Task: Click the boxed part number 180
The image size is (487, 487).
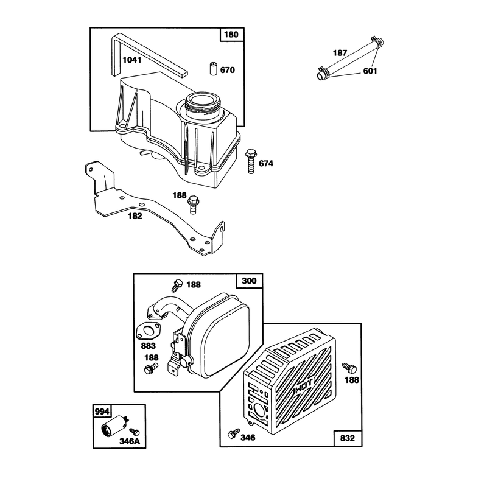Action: pos(231,35)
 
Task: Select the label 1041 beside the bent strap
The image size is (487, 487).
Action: pos(132,60)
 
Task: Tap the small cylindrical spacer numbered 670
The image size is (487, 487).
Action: pos(212,69)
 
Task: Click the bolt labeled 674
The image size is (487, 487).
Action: pos(250,161)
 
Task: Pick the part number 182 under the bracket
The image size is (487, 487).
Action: pos(135,216)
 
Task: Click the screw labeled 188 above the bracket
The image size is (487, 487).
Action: pos(193,205)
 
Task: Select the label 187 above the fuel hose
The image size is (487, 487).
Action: pos(340,53)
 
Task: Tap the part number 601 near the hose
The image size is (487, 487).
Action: pos(370,71)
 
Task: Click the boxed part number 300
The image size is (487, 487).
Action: pos(249,281)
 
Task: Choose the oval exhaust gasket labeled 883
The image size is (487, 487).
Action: pos(148,331)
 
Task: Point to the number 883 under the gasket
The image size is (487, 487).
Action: pos(149,346)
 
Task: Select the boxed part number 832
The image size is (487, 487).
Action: pos(347,438)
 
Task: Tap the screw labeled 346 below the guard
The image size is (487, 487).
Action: pos(234,433)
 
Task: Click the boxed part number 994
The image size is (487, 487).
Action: pos(102,412)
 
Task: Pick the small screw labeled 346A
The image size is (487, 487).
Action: pos(135,432)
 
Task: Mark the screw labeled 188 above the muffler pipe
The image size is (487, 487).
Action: pos(177,285)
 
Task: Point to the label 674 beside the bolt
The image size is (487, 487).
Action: pos(266,163)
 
